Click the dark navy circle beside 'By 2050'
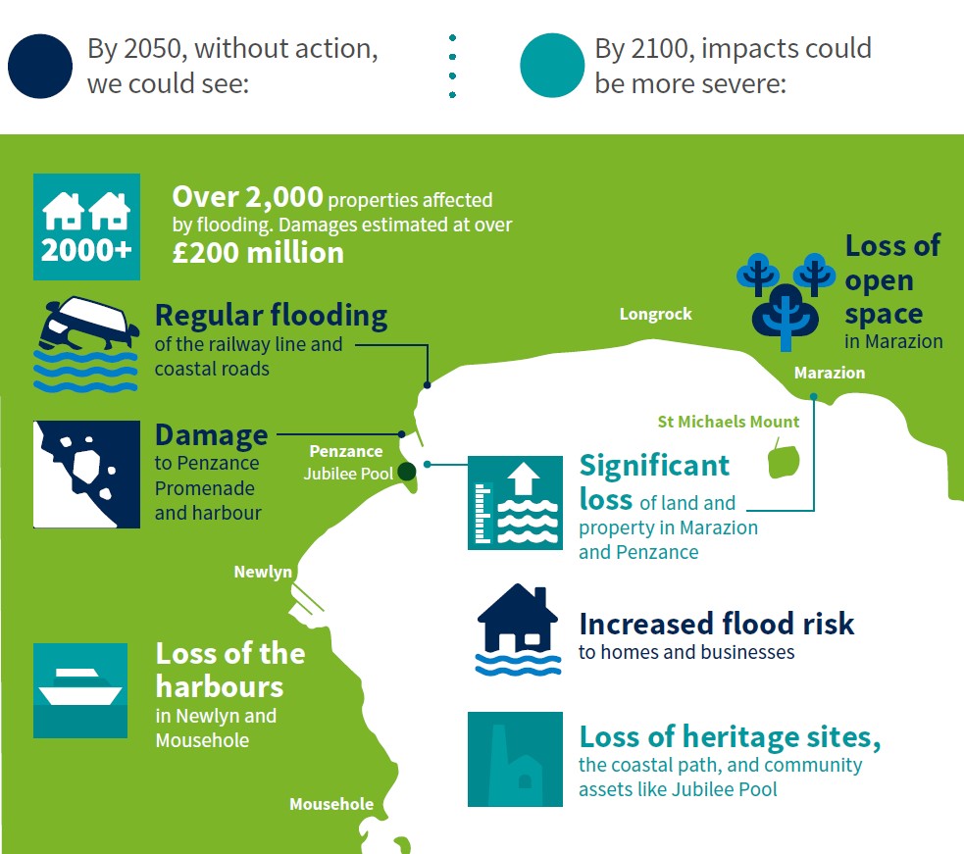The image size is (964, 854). tap(40, 66)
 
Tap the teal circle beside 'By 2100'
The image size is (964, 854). tap(552, 66)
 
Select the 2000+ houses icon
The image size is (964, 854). tap(86, 226)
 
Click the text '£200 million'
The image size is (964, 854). tap(258, 252)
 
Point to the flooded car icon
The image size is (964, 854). tap(85, 344)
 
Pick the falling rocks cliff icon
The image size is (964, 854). tap(86, 475)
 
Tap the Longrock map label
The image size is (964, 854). tap(655, 314)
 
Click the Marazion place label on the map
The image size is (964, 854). tap(829, 373)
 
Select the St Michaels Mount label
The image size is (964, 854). tap(728, 422)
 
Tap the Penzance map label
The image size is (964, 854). tap(345, 452)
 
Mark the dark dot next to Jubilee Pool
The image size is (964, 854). tap(406, 472)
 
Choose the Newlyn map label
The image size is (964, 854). tap(263, 572)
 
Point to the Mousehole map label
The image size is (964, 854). tap(330, 804)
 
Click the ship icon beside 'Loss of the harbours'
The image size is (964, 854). tap(80, 690)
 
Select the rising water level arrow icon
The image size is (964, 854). tap(515, 502)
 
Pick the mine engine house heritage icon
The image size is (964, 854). tap(515, 760)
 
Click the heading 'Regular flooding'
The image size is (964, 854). tap(271, 316)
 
